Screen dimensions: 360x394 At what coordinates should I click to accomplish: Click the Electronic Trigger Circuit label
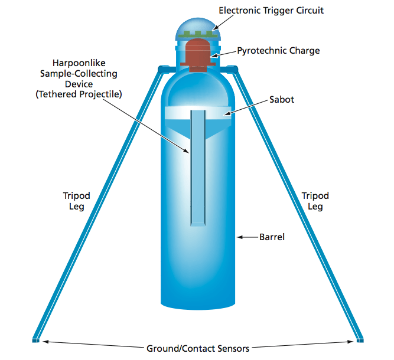coord(271,10)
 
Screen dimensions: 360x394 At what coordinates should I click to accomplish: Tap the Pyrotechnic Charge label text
coord(278,51)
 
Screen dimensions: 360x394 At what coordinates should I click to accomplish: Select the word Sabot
coord(281,99)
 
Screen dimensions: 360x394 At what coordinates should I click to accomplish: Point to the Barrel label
coord(272,237)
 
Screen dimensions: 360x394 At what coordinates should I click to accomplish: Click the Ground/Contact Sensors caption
coord(198,348)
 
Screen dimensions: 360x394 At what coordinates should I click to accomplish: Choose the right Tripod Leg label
coord(315,201)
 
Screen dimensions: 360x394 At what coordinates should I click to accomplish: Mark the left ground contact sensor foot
coord(35,341)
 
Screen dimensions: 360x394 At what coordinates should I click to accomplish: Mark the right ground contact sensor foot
coord(359,341)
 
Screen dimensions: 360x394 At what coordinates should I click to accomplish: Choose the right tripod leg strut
coord(298,207)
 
